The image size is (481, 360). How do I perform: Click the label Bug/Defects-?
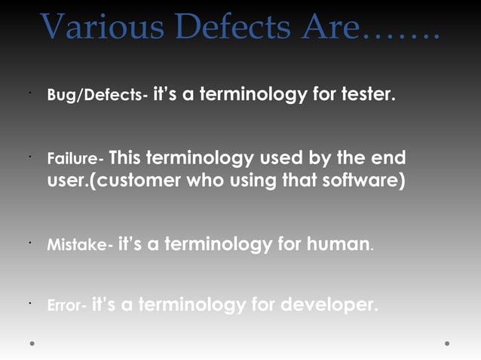(97, 97)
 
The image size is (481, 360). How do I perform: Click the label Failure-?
(75, 160)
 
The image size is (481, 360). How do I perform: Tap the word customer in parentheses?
(137, 182)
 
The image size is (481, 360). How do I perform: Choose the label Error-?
(66, 307)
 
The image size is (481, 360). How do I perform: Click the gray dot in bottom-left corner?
(32, 343)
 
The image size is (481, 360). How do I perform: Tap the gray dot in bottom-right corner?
(447, 343)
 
